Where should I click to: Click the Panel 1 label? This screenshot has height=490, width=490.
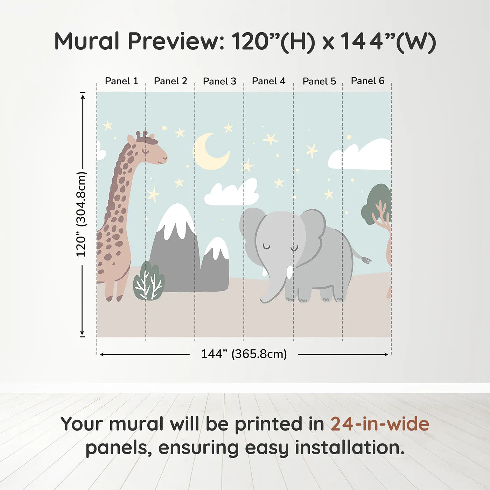pyautogui.click(x=121, y=81)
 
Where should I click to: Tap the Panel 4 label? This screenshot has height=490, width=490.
pyautogui.click(x=268, y=81)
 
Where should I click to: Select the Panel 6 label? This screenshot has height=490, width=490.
pyautogui.click(x=367, y=81)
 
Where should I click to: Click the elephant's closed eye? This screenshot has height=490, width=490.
pyautogui.click(x=267, y=247)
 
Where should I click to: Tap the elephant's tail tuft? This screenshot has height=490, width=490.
pyautogui.click(x=366, y=260)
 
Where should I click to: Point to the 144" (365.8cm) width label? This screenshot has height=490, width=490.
pyautogui.click(x=244, y=354)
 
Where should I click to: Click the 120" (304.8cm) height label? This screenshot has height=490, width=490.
pyautogui.click(x=81, y=214)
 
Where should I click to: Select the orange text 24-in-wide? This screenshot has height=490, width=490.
pyautogui.click(x=380, y=424)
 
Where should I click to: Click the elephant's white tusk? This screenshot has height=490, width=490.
pyautogui.click(x=289, y=272)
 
